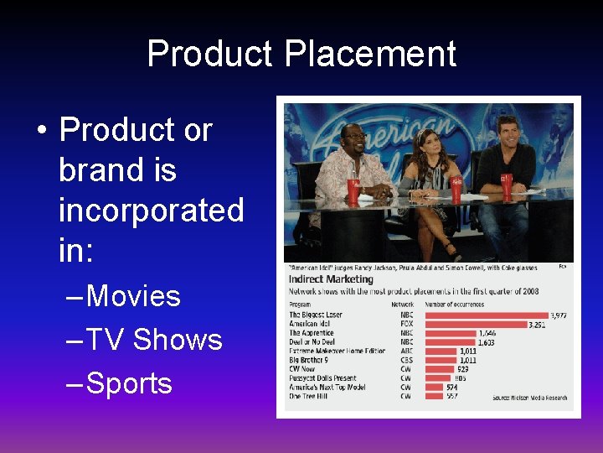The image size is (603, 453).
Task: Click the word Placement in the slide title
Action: click(370, 54)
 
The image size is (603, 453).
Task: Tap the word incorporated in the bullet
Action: click(151, 210)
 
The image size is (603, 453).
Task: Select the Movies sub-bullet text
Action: click(133, 296)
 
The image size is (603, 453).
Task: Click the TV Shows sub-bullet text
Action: click(154, 340)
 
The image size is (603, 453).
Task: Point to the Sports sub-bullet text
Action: click(129, 383)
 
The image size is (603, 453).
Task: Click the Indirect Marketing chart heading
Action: click(331, 279)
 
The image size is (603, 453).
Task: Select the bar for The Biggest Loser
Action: click(486, 315)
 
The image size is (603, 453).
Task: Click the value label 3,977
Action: click(558, 315)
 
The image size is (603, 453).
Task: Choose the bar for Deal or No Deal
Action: click(451, 342)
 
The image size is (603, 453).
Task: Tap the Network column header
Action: click(402, 305)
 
